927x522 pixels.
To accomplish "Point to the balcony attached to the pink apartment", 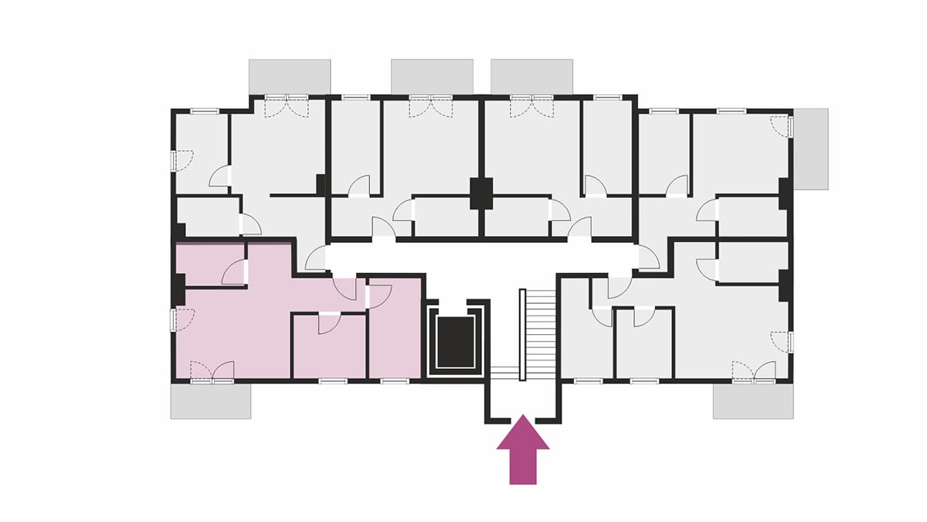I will coord(211,401).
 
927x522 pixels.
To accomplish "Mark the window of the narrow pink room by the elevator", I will coord(395,381).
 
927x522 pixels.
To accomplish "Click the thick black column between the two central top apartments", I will coord(482,193).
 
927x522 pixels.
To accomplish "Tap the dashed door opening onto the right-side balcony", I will coord(783,126).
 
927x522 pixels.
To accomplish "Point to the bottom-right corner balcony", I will coord(753,401).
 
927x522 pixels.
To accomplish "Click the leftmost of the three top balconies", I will coord(290,76).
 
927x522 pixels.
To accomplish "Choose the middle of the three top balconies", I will coord(432,76).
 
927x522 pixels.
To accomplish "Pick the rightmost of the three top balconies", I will coord(532,76).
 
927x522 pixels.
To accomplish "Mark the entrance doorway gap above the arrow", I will coord(522,420).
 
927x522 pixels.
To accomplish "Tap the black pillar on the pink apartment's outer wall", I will coord(178,289).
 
